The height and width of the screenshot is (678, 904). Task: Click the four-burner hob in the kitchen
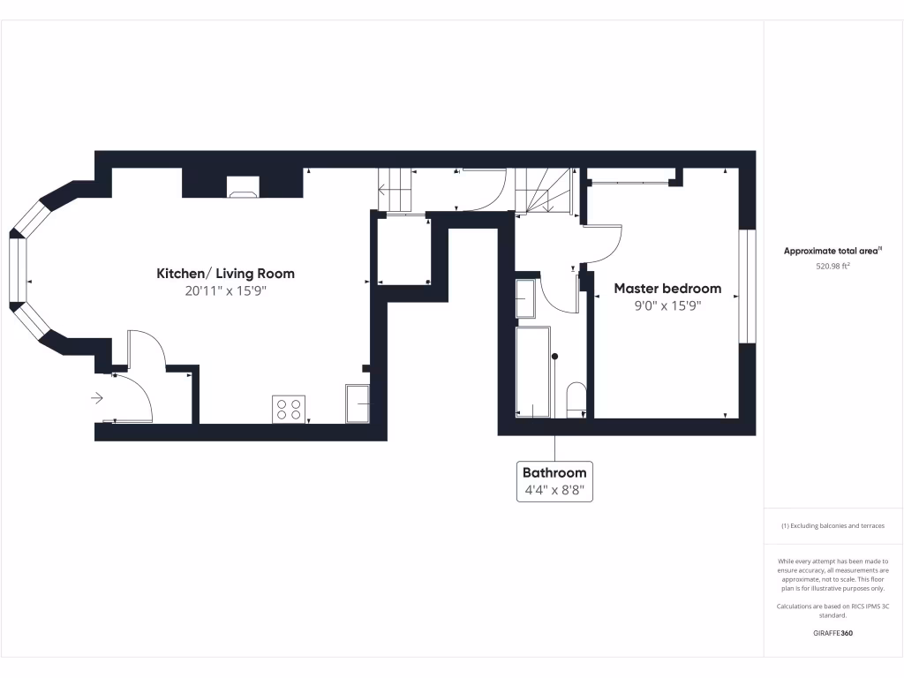290,410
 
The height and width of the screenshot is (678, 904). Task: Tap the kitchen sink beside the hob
358,403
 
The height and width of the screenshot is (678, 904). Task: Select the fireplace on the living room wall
243,185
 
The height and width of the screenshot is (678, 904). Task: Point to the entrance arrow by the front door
97,398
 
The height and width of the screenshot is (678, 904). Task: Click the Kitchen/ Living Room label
225,274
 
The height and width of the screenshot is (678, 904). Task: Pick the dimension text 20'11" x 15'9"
225,291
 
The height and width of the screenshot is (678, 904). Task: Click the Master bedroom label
667,289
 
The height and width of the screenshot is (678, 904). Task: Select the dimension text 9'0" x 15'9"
667,306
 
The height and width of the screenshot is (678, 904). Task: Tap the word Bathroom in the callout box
554,472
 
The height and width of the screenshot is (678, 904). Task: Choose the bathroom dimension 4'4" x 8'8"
554,490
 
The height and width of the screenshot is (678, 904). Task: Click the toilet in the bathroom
576,398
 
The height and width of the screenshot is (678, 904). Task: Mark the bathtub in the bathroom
532,372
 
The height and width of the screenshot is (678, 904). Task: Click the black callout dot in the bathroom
555,357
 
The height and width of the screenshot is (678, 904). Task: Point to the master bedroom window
748,286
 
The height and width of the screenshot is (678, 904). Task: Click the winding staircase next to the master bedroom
544,190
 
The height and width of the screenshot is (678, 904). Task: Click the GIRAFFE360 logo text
832,633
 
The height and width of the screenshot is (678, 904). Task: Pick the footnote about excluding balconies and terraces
832,526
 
